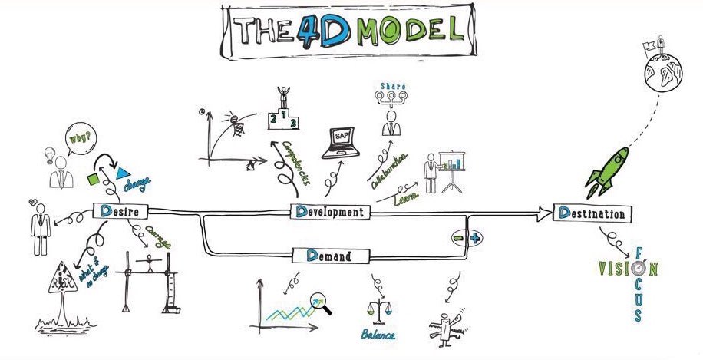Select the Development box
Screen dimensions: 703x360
330,211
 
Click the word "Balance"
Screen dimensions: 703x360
379,335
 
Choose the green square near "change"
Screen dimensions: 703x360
92,179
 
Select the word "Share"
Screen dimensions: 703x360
392,84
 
